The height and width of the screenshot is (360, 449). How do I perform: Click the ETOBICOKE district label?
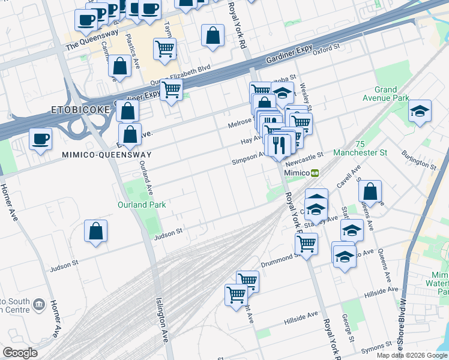click(80, 110)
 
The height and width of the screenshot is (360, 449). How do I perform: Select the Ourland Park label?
click(141, 205)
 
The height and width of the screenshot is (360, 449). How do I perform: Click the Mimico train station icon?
click(315, 172)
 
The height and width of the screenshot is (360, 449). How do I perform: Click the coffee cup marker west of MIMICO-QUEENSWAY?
click(41, 139)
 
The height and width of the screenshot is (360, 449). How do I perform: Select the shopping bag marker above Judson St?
click(96, 231)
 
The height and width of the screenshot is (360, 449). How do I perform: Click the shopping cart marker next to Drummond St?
click(307, 244)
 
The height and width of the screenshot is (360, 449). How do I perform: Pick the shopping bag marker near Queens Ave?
click(371, 191)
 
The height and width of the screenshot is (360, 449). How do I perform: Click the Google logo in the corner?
click(20, 353)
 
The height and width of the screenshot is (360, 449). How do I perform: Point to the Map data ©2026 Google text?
click(412, 355)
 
